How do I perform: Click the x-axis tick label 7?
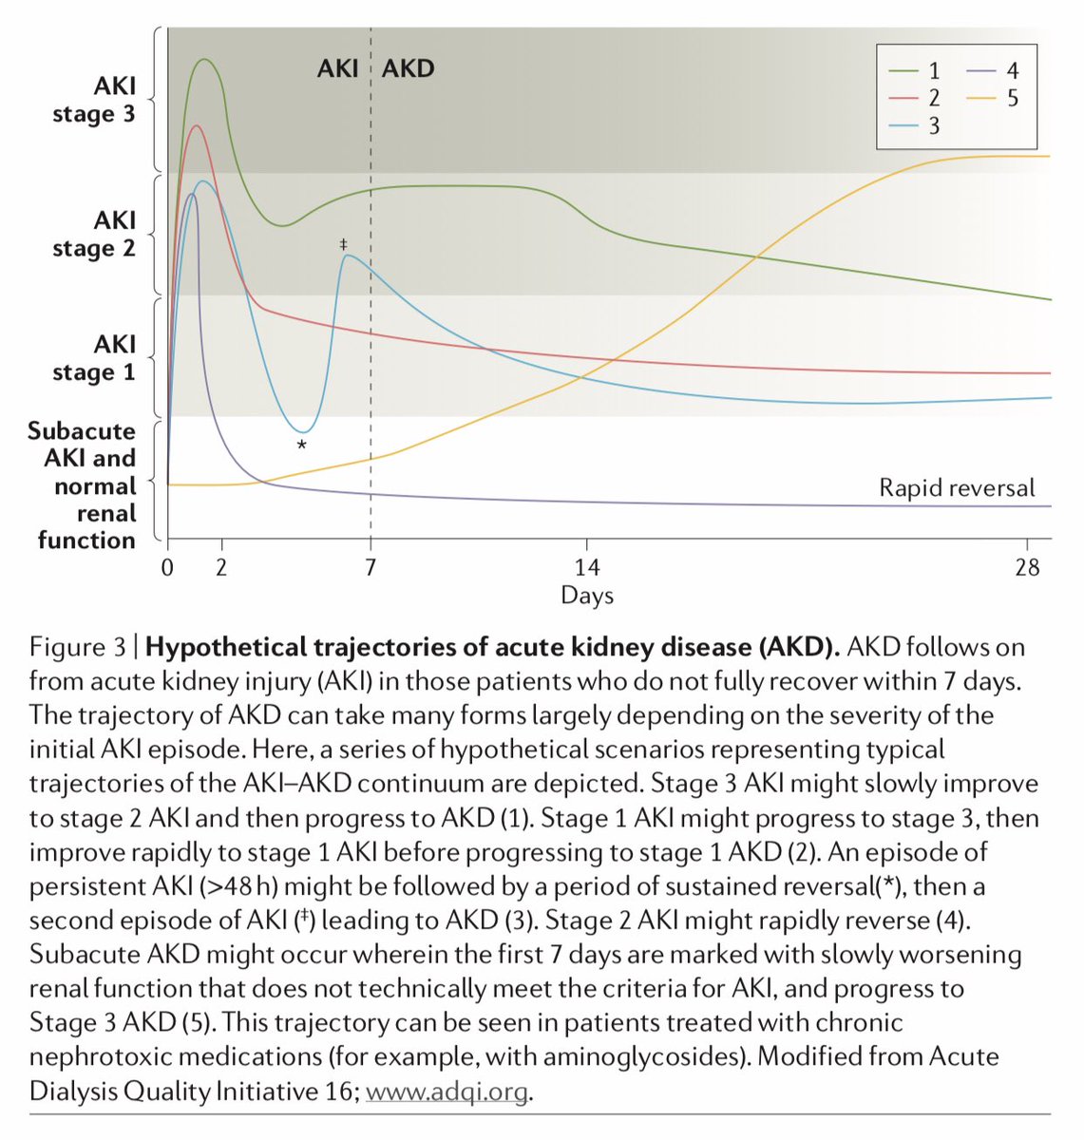point(371,568)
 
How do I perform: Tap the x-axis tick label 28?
point(1027,568)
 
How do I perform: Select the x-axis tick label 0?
point(168,568)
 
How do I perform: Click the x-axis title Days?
point(587,596)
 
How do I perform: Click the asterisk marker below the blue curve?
point(302,446)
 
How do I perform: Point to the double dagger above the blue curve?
point(344,245)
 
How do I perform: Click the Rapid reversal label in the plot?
point(957,488)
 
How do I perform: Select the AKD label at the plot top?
point(408,68)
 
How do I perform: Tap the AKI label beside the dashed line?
point(338,68)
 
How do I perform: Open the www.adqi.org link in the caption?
point(446,1091)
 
